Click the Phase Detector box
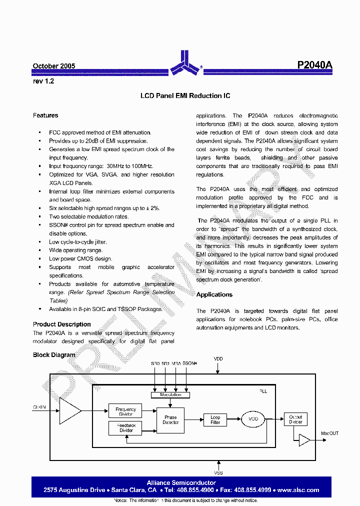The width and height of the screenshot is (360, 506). (x=170, y=420)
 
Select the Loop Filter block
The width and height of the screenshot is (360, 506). (x=215, y=419)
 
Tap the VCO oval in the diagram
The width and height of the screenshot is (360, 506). (x=253, y=419)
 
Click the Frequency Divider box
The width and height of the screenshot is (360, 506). (x=125, y=411)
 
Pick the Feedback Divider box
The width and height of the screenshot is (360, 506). (x=125, y=428)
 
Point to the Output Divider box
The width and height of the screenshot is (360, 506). (x=295, y=419)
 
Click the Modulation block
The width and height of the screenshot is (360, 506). (x=170, y=395)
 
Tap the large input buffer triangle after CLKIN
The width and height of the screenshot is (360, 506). (x=69, y=411)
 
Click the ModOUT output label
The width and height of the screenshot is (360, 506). (x=329, y=433)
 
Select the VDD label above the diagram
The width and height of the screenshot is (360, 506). (x=218, y=359)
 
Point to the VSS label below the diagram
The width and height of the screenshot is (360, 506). (x=218, y=472)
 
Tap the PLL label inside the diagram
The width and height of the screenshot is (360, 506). (x=263, y=391)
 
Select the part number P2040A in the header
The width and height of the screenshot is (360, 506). (x=314, y=65)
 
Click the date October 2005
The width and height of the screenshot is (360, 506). (x=54, y=66)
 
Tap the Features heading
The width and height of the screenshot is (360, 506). (x=45, y=115)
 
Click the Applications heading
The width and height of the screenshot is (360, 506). (x=214, y=294)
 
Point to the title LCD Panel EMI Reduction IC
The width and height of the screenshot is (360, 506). (x=185, y=95)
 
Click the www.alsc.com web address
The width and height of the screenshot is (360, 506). (x=298, y=490)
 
